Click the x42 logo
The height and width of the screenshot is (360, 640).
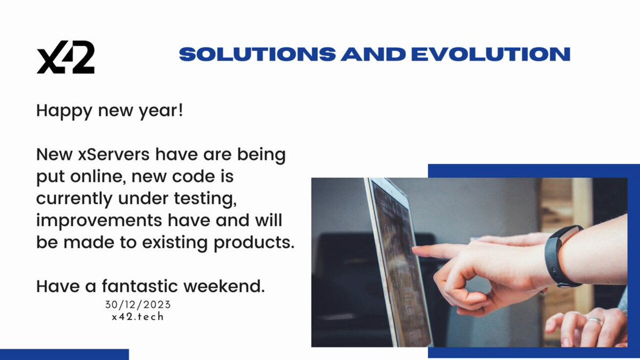tap(66, 57)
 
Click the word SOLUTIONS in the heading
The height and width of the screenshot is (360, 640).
tap(258, 54)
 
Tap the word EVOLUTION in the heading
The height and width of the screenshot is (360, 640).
tap(491, 54)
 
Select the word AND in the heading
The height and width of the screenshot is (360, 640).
tap(373, 54)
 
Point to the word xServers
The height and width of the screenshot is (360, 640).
tap(114, 154)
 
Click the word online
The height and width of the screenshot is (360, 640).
tap(99, 177)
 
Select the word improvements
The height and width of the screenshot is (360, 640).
tap(99, 221)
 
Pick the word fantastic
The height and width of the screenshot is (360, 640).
tap(140, 286)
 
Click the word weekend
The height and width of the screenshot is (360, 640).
tap(224, 286)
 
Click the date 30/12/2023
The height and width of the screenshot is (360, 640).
tap(138, 305)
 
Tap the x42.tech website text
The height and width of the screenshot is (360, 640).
tap(138, 317)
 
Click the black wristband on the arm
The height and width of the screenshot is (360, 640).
tap(559, 256)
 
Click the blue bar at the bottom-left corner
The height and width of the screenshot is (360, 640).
tap(65, 354)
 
